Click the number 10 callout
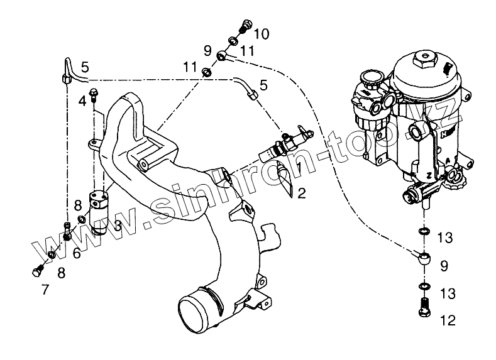(262, 33)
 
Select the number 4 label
(82, 101)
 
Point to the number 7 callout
(45, 290)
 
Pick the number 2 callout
(302, 193)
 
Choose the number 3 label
(118, 224)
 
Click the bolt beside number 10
(245, 27)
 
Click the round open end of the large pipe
(197, 311)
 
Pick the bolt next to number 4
(94, 95)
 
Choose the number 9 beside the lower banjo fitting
(444, 266)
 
